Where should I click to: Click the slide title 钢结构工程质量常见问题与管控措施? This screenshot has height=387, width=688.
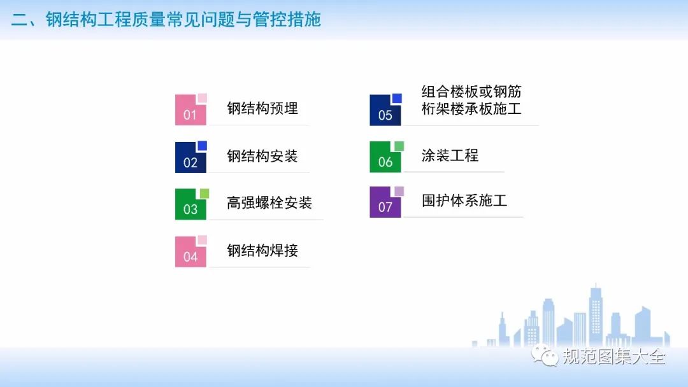click(183, 19)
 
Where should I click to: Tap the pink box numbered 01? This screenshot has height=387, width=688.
click(190, 110)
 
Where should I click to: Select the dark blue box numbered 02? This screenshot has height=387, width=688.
click(190, 158)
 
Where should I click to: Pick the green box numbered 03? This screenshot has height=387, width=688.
click(190, 204)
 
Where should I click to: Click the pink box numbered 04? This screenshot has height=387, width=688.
click(190, 252)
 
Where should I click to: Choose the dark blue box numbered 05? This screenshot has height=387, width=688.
click(385, 111)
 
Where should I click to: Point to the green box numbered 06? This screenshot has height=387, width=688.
click(385, 157)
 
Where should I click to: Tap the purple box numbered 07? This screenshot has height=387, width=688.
click(385, 202)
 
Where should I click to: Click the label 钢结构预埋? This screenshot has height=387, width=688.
click(262, 108)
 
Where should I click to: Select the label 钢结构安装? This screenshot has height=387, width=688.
click(262, 155)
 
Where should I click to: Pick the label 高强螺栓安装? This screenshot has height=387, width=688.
click(269, 202)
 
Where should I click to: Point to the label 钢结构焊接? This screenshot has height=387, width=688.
click(262, 250)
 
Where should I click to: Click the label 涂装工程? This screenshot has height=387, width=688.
click(450, 155)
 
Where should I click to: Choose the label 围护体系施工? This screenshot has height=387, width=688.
click(464, 201)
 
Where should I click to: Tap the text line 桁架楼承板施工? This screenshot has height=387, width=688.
click(471, 109)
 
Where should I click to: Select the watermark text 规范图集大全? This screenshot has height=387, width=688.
click(614, 356)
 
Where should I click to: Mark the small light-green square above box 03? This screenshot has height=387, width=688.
click(204, 193)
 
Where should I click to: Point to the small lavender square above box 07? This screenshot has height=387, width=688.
click(399, 191)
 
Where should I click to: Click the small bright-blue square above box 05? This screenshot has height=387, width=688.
click(397, 98)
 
